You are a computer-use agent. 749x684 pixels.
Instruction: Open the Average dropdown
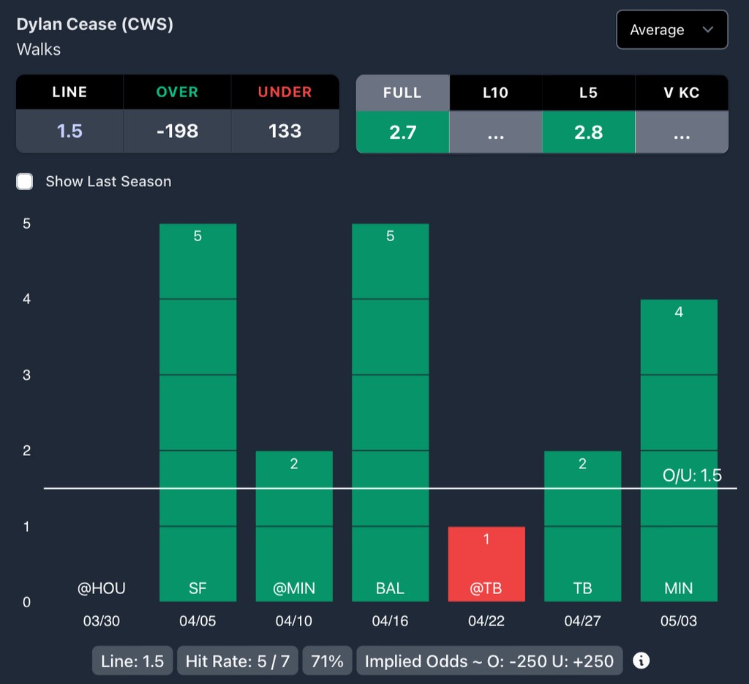click(671, 30)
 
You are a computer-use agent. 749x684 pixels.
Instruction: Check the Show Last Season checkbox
click(25, 182)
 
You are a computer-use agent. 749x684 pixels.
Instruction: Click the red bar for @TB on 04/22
click(486, 563)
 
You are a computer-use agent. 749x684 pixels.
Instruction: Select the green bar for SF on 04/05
click(197, 412)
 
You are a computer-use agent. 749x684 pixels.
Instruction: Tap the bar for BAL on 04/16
click(390, 412)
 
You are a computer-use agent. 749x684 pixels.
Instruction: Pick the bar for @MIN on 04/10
click(294, 526)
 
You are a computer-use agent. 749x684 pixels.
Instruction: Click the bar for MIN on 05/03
click(679, 450)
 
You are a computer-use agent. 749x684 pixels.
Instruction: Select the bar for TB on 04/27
click(582, 526)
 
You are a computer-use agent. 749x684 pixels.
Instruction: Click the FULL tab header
click(402, 93)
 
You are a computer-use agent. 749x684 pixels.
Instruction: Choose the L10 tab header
click(495, 93)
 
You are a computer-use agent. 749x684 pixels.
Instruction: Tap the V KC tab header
click(681, 93)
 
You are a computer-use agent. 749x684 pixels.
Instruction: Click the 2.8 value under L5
click(588, 132)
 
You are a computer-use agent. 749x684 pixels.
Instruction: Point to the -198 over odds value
click(177, 132)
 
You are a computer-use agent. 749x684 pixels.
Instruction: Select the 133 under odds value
click(285, 132)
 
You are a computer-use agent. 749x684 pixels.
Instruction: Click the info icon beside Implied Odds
click(641, 661)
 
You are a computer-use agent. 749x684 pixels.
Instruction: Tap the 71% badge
click(327, 661)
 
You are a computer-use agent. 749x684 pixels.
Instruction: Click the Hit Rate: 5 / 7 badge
click(238, 661)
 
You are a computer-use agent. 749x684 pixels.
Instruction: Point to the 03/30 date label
click(102, 621)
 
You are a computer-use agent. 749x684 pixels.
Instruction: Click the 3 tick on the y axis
click(26, 375)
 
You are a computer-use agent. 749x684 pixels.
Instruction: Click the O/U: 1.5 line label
click(692, 476)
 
